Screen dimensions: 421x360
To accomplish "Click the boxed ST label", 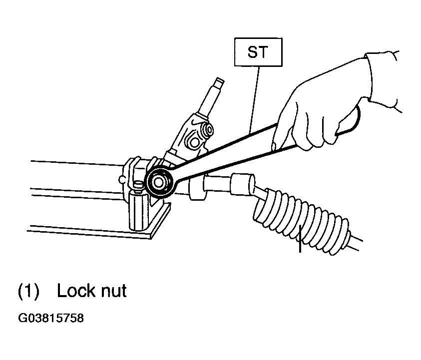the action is click(258, 52).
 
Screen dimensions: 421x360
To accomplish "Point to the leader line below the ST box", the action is click(254, 99).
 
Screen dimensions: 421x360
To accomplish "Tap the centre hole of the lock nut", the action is click(158, 182).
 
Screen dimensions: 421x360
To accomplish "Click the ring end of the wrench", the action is click(159, 183).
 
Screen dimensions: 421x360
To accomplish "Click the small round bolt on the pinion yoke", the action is click(208, 130).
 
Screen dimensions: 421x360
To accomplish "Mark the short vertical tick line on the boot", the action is click(300, 239).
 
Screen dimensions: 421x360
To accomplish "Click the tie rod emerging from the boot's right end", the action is click(355, 243).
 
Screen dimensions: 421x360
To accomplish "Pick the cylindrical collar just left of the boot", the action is click(242, 183).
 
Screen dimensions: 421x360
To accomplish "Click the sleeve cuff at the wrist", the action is click(383, 80).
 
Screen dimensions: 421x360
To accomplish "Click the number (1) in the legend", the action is click(28, 291).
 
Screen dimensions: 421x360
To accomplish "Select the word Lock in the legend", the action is click(76, 291).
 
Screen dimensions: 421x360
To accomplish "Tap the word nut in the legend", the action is click(113, 292).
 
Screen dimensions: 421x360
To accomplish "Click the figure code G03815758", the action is click(51, 318).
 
